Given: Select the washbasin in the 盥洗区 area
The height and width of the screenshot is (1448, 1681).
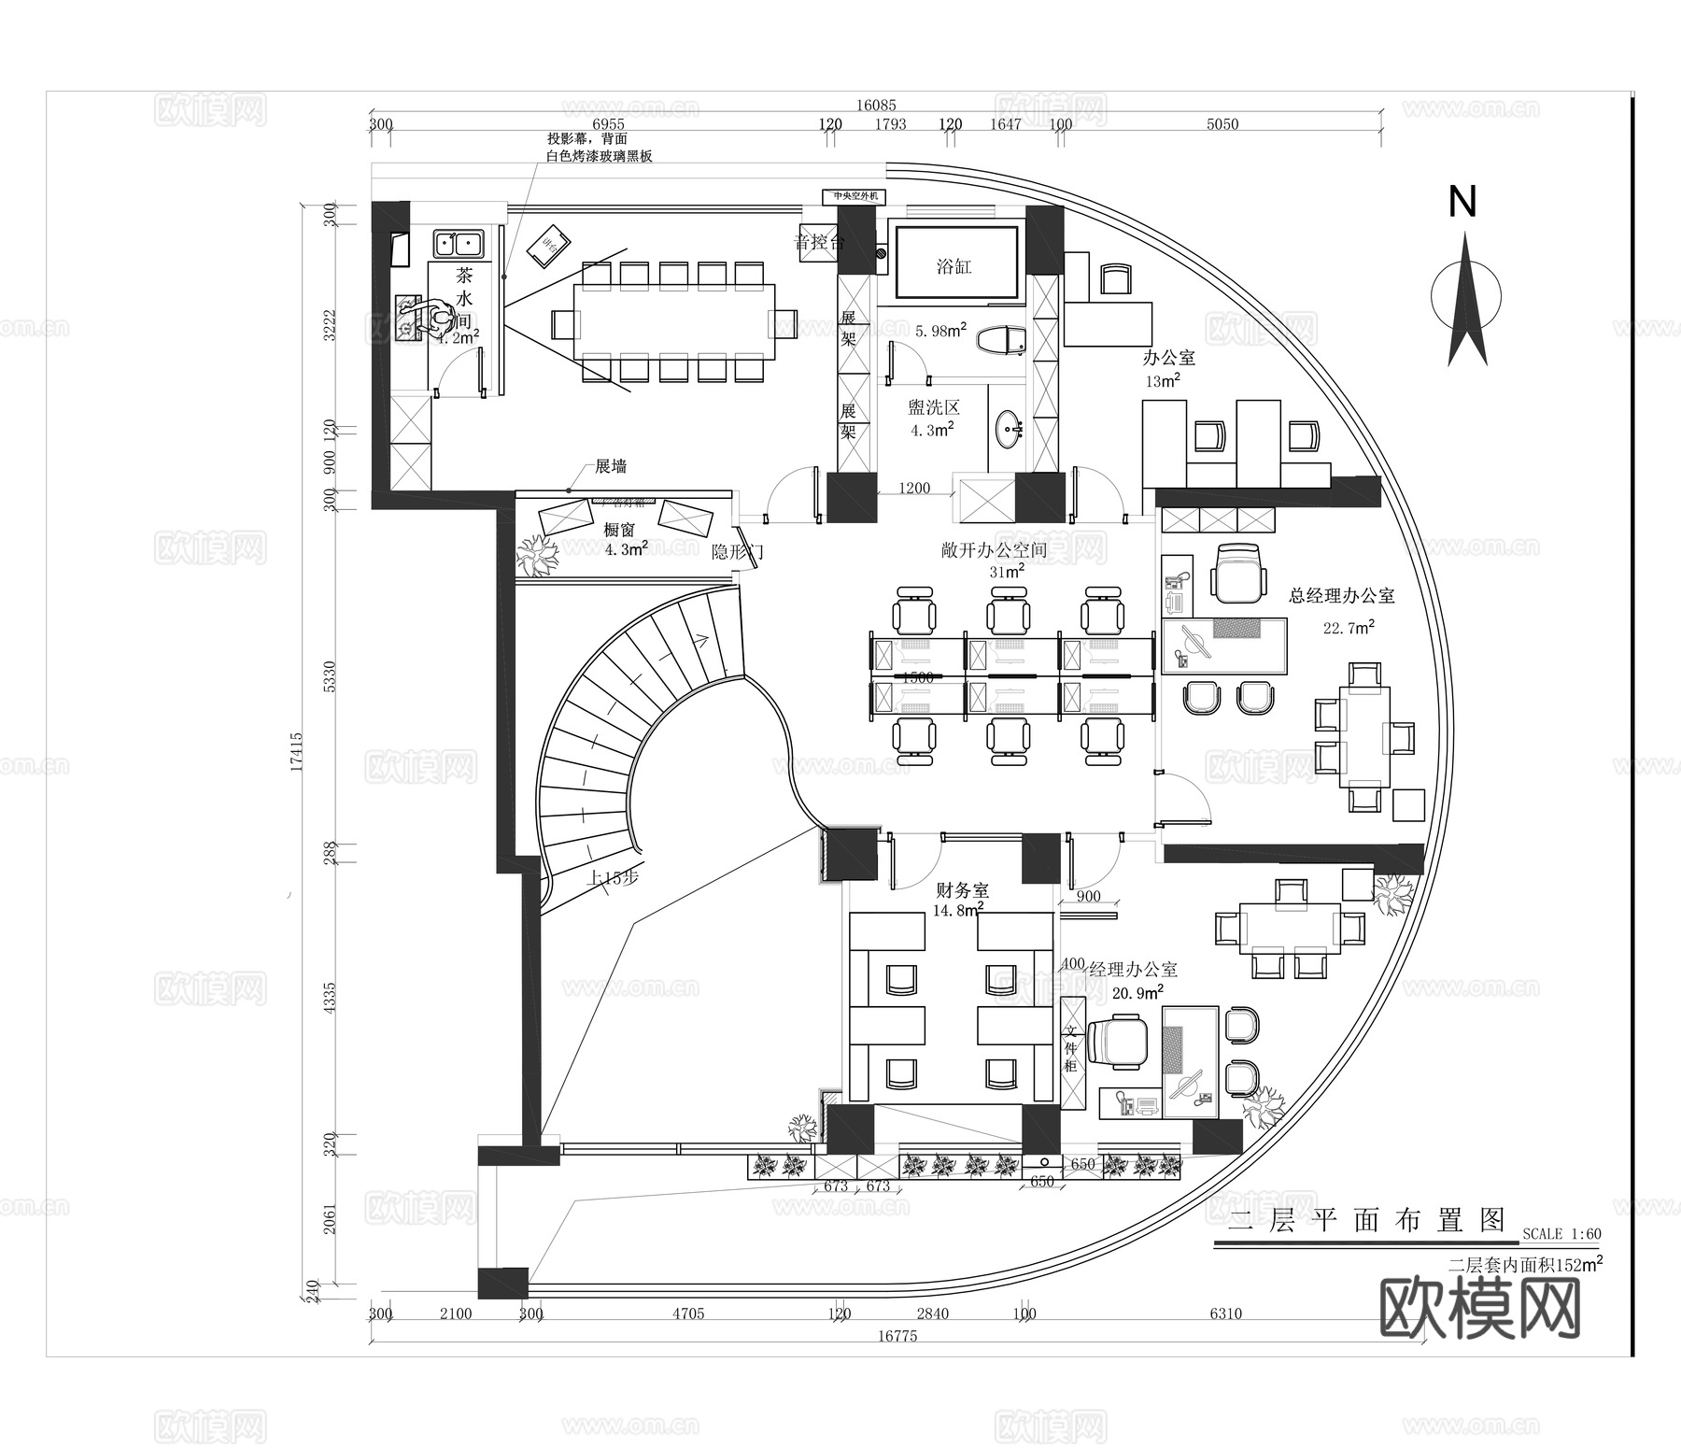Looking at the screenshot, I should coord(1010,432).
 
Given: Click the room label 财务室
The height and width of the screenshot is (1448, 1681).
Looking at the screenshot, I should coord(962,890).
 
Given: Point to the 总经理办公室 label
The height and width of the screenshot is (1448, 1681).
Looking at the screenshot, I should coord(1341,595).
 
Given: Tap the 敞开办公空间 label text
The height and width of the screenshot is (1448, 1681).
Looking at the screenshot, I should coord(994,550).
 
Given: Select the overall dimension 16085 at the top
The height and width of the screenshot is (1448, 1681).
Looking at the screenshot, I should coord(875,106).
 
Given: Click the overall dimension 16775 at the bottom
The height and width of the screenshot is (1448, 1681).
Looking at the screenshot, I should coord(897,1336).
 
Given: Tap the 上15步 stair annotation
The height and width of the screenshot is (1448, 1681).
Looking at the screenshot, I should coord(612,878).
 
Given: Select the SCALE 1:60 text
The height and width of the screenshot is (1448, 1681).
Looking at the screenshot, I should coord(1561,1234).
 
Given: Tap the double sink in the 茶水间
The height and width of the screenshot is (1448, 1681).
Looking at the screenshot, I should coord(458,245).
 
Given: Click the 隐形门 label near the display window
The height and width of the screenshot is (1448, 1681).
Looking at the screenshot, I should coord(737,552).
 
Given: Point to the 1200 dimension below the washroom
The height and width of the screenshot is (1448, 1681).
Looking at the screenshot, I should coord(914,488).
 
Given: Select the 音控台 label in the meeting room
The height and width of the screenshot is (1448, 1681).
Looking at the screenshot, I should coord(819,243).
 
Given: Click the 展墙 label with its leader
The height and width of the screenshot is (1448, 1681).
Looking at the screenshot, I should coord(611,466).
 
